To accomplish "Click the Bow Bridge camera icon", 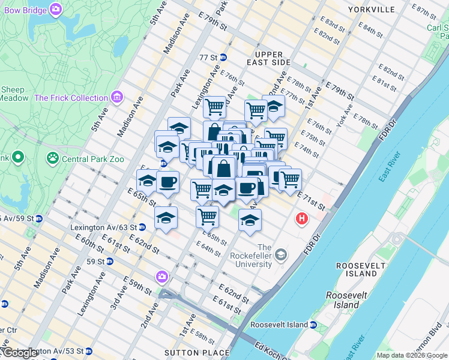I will tap(56, 9).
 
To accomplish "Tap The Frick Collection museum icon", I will tap(116, 97).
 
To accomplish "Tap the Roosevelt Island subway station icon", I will tap(313, 325).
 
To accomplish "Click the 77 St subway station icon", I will tap(223, 58).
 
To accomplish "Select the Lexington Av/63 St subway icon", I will tap(142, 227).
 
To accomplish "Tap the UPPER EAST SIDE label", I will tap(268, 58).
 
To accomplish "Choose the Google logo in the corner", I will tap(20, 353).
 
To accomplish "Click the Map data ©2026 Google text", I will tap(412, 355).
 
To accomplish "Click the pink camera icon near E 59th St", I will tap(161, 277).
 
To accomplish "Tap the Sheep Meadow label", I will tap(14, 94).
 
